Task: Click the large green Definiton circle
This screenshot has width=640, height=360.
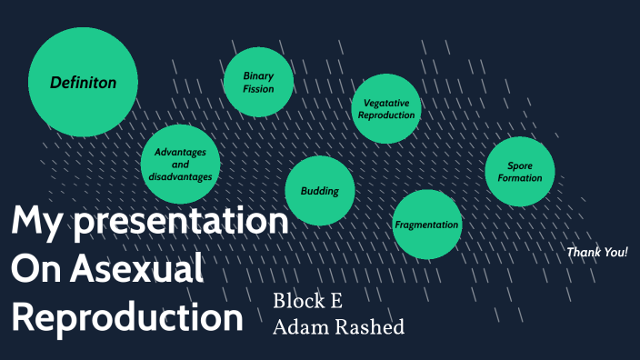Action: tap(83, 82)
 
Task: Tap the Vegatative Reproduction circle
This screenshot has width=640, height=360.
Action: tap(385, 109)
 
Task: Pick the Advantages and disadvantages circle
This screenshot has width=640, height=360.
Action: tap(180, 164)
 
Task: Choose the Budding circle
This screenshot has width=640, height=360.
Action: tap(319, 191)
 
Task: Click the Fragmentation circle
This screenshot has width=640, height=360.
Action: tap(426, 224)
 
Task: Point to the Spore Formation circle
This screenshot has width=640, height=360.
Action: tap(519, 172)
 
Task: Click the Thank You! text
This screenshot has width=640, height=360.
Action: tap(596, 252)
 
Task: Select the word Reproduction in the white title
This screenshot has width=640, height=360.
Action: tap(127, 317)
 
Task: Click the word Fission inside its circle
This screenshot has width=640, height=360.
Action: tap(258, 89)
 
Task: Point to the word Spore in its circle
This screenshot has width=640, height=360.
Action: tap(520, 165)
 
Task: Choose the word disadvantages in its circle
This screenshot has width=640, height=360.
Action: tap(180, 176)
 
